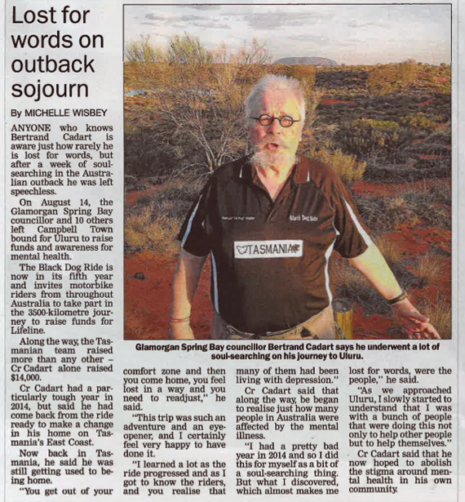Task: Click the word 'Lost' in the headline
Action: pyautogui.click(x=36, y=16)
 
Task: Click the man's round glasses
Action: pyautogui.click(x=275, y=120)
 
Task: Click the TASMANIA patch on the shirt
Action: pyautogui.click(x=268, y=248)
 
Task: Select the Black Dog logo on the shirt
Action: pyautogui.click(x=305, y=218)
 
